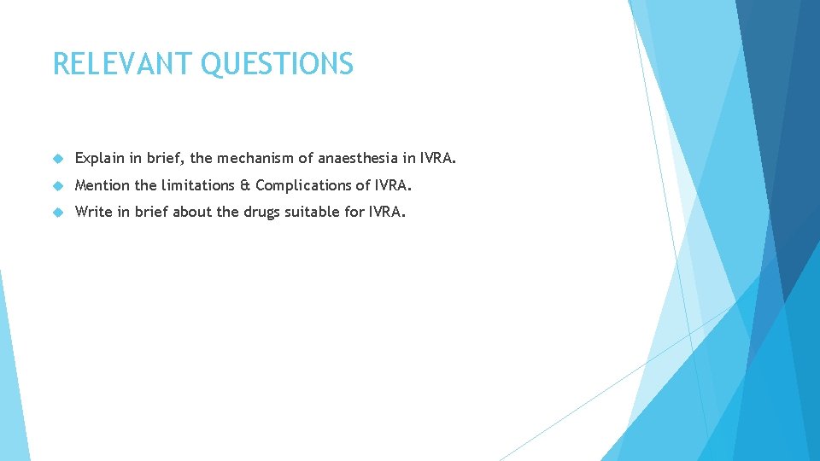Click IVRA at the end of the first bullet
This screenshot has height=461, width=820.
point(438,159)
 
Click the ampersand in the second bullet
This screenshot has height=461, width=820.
point(243,185)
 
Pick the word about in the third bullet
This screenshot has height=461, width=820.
point(191,212)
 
